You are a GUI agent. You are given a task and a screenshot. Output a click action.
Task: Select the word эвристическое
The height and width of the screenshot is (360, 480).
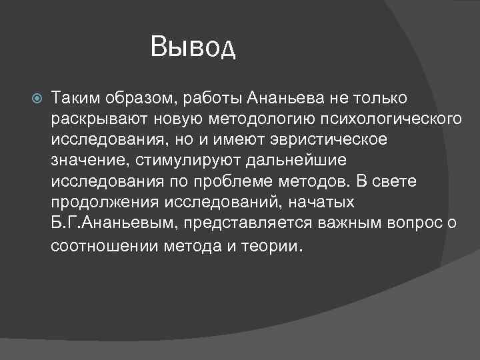pyautogui.click(x=328, y=140)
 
